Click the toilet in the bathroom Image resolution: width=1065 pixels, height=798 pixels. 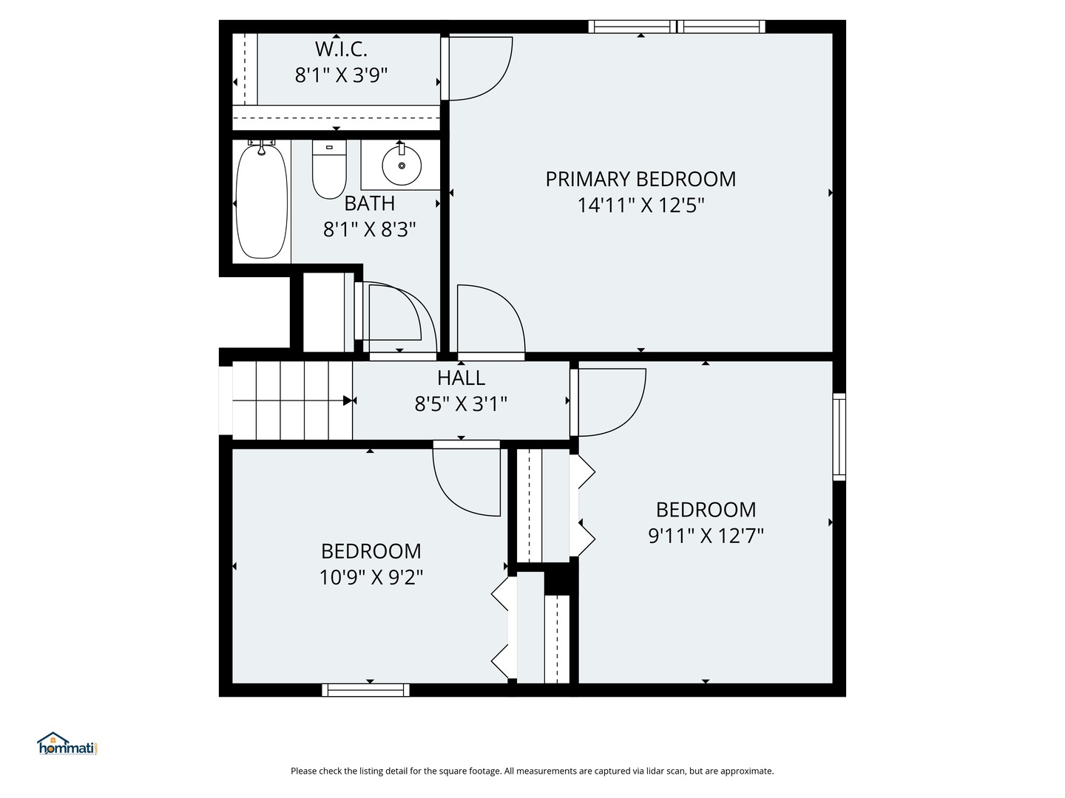329,169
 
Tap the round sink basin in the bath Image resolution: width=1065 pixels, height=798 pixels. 402,166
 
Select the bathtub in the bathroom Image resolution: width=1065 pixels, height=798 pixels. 262,201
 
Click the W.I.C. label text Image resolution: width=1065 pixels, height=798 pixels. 341,49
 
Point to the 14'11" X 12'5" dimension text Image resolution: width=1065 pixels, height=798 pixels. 640,205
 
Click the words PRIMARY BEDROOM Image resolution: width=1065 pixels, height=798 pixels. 640,180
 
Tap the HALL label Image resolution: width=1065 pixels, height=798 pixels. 461,378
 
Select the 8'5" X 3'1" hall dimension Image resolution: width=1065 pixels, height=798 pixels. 461,403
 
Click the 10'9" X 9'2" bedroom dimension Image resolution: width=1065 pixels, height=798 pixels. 371,577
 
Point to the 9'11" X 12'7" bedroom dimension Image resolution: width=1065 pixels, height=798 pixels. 706,536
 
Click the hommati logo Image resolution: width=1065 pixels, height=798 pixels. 67,743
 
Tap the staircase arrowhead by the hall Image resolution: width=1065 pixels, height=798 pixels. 348,400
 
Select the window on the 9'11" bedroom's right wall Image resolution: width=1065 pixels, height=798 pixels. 839,437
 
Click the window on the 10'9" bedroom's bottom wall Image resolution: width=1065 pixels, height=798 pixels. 366,690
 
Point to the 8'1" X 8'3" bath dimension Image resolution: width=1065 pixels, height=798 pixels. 370,229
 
